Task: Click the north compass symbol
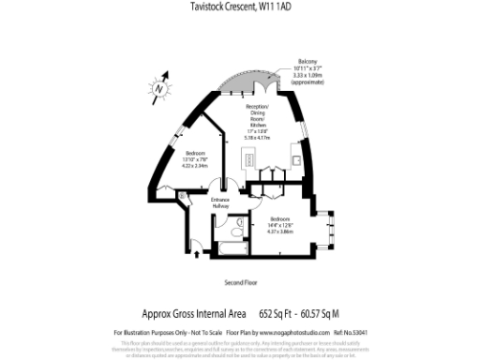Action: (160, 88)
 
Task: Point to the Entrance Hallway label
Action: (220, 202)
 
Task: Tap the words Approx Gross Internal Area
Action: (194, 314)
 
